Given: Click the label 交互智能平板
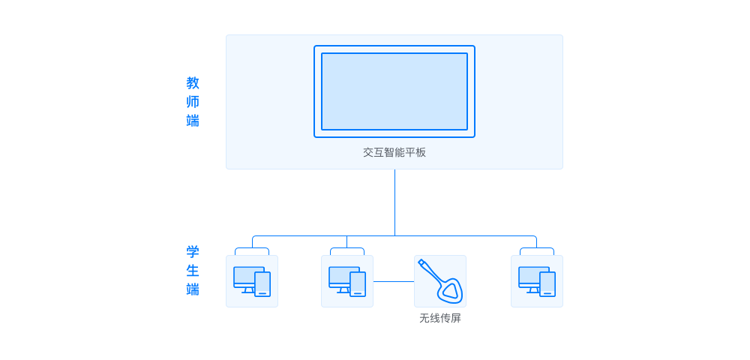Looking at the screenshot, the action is (x=394, y=152).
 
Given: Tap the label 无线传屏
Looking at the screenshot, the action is (x=440, y=319).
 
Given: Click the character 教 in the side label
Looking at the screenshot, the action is (x=193, y=83).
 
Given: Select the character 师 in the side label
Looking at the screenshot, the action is (x=193, y=102).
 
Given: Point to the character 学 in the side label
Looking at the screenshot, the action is (x=193, y=252).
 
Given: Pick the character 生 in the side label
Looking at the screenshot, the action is (x=193, y=271).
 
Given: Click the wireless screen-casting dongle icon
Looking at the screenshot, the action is (x=440, y=280).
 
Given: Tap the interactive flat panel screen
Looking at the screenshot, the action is (x=394, y=91).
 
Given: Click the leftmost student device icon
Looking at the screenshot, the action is (x=252, y=281).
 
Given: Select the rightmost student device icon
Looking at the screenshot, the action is (x=537, y=281).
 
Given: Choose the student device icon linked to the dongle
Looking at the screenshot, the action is (x=347, y=281).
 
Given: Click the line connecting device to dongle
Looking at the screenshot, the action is (x=394, y=281).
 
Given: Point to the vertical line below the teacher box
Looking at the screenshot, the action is (x=394, y=202).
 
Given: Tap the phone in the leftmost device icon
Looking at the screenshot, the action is (x=262, y=284).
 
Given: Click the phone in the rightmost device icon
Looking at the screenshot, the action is (x=547, y=284).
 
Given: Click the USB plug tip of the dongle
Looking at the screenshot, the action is (x=421, y=262).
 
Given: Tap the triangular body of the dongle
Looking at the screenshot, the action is (x=451, y=290).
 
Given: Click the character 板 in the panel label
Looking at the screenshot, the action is (x=421, y=152).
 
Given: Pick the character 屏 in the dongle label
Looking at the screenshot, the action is (x=456, y=319).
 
